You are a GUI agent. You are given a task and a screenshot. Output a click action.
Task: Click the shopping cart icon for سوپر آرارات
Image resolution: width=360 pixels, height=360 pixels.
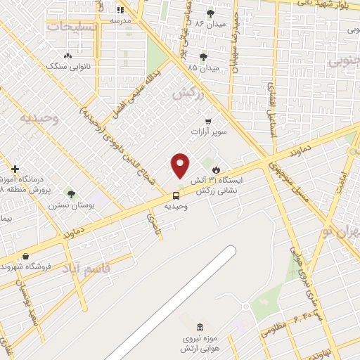207,121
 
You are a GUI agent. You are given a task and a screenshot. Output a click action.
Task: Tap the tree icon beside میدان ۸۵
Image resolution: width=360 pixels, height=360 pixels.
203,57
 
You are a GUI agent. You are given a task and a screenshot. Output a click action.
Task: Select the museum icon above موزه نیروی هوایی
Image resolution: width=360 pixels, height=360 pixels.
199,328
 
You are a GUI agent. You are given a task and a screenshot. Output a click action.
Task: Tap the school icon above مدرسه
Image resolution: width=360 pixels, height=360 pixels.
120,10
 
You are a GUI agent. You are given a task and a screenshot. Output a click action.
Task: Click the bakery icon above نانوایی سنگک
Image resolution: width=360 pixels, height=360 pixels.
67,56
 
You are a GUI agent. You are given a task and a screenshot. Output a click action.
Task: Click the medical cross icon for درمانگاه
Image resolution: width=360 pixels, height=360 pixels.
15,169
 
